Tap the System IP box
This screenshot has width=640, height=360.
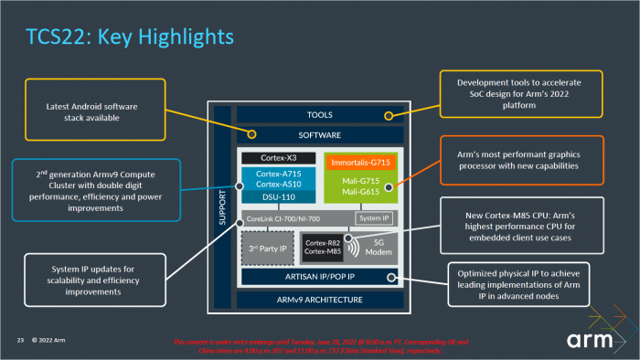(373, 219)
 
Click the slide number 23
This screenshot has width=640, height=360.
(17, 341)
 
